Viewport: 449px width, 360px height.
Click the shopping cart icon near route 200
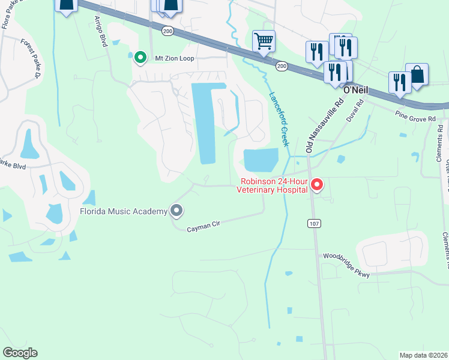pyautogui.click(x=264, y=42)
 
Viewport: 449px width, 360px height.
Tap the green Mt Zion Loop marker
pyautogui.click(x=140, y=58)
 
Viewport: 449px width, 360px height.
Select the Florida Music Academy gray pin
pyautogui.click(x=176, y=211)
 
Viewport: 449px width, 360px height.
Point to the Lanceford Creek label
pyautogui.click(x=279, y=119)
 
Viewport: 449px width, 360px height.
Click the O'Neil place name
pyautogui.click(x=355, y=90)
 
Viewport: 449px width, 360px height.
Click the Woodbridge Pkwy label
pyautogui.click(x=346, y=265)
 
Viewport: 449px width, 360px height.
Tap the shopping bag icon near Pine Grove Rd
pyautogui.click(x=417, y=76)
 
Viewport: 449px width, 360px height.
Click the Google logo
pyautogui.click(x=20, y=353)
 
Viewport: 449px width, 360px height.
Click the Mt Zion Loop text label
pyautogui.click(x=176, y=58)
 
